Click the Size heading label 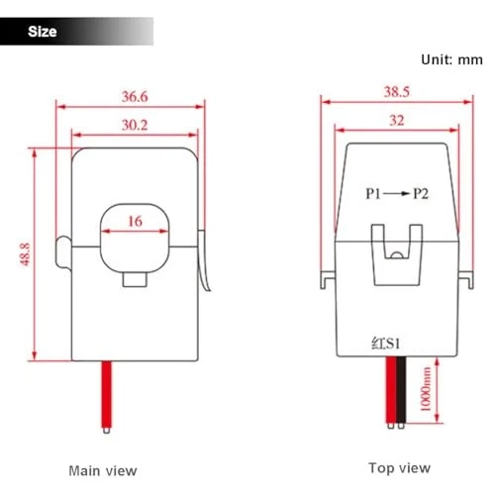click(x=42, y=32)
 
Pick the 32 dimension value click(x=397, y=121)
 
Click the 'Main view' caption click(x=103, y=470)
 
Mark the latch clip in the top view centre click(x=395, y=252)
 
